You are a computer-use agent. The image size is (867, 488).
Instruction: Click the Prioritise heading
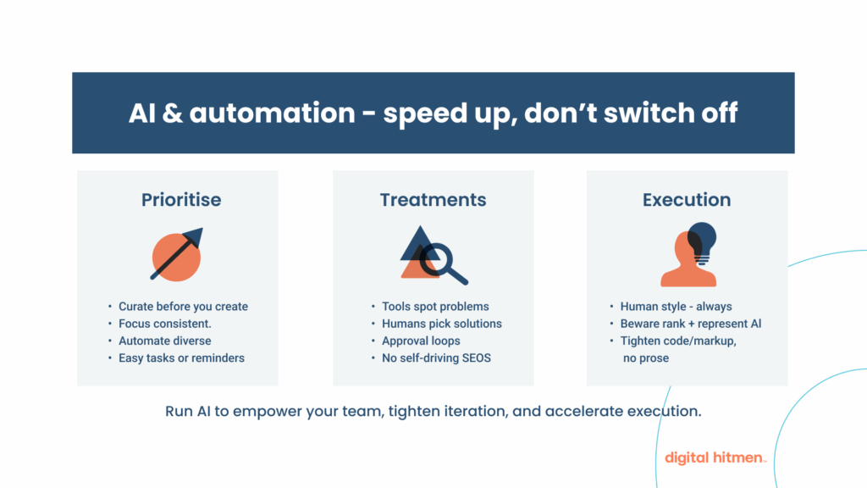180,200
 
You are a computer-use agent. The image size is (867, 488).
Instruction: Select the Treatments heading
433,200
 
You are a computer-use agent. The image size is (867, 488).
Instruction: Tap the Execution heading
686,200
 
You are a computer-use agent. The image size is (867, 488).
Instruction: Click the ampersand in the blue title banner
171,113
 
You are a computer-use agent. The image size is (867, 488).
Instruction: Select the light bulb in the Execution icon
701,240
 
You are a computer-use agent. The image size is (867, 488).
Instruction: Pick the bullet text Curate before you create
183,306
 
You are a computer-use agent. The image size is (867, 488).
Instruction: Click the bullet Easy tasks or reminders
181,358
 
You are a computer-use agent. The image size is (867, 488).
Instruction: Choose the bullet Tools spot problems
435,306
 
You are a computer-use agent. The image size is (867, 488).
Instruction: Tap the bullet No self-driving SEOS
436,358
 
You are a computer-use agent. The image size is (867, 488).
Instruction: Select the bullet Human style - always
676,306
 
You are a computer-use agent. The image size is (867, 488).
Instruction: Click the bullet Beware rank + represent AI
691,323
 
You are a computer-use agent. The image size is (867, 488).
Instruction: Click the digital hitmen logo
715,457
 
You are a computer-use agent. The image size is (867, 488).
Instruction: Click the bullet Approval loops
421,341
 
